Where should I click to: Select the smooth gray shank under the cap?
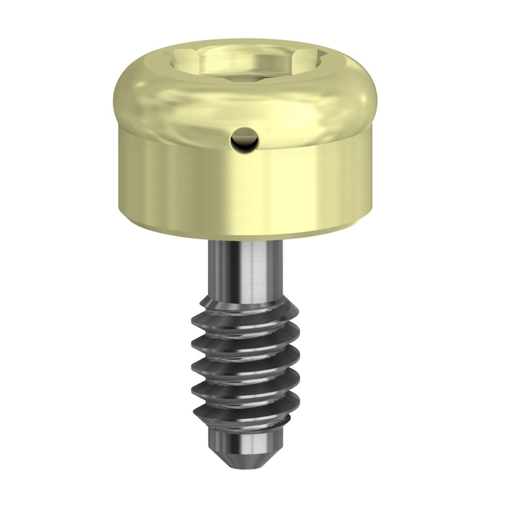(x=246, y=269)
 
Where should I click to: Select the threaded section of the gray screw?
(x=243, y=362)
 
